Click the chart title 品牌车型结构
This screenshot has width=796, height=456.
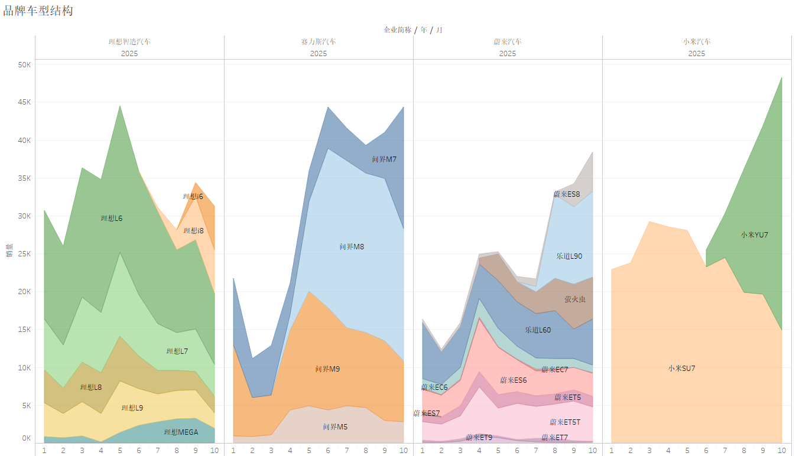click(x=38, y=11)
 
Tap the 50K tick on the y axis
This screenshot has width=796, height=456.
click(x=24, y=65)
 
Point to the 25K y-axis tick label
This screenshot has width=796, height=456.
click(x=24, y=254)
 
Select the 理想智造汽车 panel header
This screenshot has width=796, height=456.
click(x=129, y=42)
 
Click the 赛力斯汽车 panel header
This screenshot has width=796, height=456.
click(x=319, y=42)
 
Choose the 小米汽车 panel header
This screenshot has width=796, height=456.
click(x=697, y=42)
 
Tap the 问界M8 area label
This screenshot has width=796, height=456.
click(x=352, y=247)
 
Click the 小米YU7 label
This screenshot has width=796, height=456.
click(x=754, y=234)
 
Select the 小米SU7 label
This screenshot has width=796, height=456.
click(x=681, y=369)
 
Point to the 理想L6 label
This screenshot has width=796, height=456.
click(x=112, y=219)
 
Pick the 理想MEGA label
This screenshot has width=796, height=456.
click(x=181, y=432)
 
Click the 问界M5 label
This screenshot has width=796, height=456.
click(x=335, y=427)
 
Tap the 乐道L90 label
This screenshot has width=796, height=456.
click(x=569, y=256)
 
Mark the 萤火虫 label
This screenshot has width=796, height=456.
click(x=575, y=299)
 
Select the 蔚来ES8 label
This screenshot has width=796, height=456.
click(x=567, y=194)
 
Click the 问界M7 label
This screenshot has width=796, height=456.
click(x=384, y=159)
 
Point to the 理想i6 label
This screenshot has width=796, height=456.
click(x=193, y=197)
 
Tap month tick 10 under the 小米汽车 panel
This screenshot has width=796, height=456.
click(x=781, y=450)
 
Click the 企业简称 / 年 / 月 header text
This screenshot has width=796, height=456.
click(x=412, y=30)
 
